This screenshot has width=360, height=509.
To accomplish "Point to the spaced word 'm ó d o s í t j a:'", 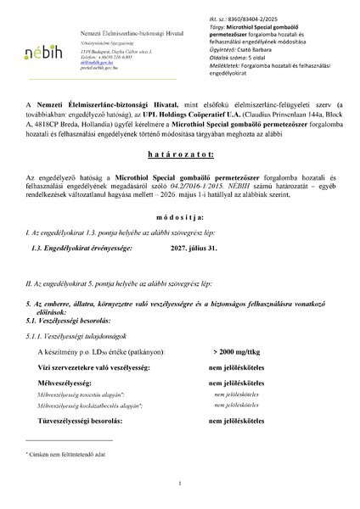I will [x=180, y=241].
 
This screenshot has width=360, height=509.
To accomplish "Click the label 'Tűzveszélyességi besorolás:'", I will [x=92, y=419].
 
